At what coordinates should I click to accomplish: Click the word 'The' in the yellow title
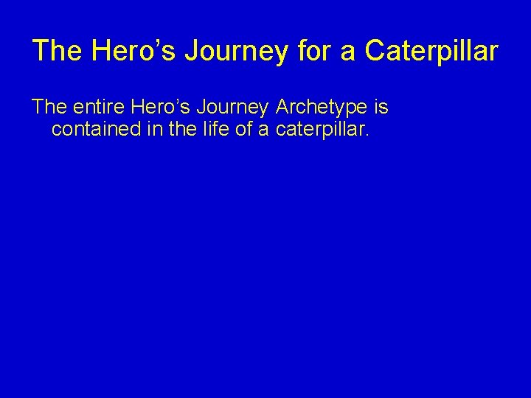(57, 52)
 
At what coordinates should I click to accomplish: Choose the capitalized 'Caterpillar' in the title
(431, 52)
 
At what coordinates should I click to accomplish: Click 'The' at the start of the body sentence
(49, 108)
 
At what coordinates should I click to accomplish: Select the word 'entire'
(100, 108)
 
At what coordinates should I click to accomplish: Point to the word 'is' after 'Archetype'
(381, 108)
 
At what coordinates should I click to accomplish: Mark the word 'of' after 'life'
(247, 131)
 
